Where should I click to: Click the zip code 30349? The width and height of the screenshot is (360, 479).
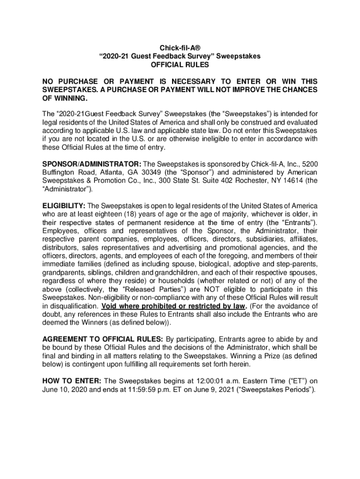coord(151,172)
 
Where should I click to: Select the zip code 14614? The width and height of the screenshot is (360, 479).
coord(293,181)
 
